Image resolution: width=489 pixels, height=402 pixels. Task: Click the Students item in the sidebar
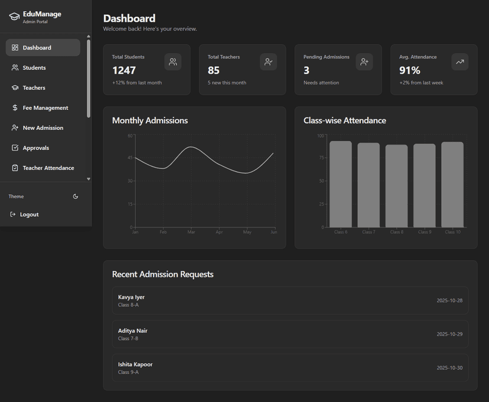[34, 68]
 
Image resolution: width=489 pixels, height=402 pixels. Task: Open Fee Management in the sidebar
[45, 108]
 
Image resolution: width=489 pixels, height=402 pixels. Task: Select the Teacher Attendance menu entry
[48, 168]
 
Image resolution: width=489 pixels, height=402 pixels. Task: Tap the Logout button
[29, 214]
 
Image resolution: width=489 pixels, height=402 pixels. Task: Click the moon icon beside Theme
[76, 197]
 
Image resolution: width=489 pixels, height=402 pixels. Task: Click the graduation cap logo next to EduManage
[14, 17]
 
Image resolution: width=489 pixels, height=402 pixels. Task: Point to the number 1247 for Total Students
[124, 70]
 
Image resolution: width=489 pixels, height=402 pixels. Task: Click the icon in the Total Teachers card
[269, 62]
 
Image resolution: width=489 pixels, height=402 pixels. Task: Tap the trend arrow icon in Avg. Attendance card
[460, 62]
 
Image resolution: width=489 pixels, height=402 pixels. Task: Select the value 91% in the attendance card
[410, 70]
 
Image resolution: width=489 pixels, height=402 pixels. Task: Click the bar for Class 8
[396, 186]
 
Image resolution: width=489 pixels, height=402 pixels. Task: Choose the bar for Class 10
[452, 184]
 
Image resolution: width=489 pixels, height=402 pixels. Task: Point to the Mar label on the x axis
[191, 233]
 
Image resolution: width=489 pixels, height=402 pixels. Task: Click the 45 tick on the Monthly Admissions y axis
[131, 158]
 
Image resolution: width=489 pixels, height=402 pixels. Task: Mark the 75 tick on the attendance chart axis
[322, 158]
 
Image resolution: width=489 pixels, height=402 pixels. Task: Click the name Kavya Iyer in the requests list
[131, 297]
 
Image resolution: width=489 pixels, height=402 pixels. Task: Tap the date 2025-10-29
[449, 334]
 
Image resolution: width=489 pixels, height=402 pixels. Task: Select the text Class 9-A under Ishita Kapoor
[128, 372]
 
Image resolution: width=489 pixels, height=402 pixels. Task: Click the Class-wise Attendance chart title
[344, 120]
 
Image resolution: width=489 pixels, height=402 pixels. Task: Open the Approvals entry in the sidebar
[35, 148]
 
